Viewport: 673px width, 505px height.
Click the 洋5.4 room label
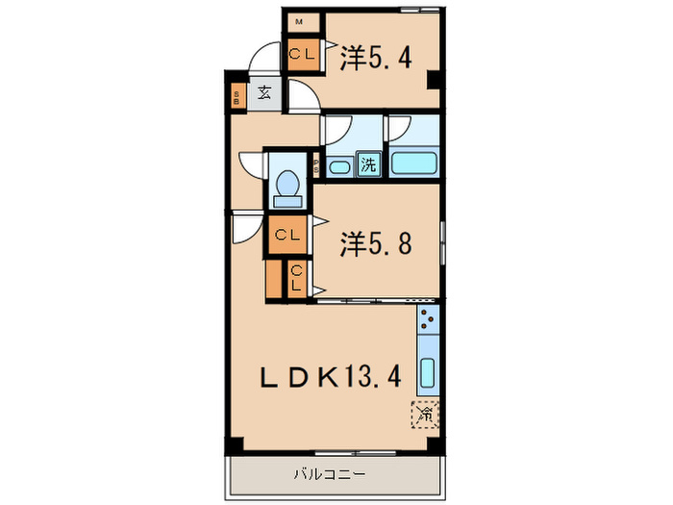pyautogui.click(x=376, y=59)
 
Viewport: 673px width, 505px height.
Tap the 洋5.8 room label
pyautogui.click(x=376, y=244)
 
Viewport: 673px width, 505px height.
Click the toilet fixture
pyautogui.click(x=287, y=187)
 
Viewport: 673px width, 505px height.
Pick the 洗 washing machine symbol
pyautogui.click(x=368, y=164)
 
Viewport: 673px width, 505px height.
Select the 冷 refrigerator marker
pyautogui.click(x=424, y=414)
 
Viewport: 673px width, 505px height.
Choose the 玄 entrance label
pyautogui.click(x=263, y=95)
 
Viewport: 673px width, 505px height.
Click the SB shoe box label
pyautogui.click(x=237, y=96)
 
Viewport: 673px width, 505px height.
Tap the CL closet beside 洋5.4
pyautogui.click(x=301, y=55)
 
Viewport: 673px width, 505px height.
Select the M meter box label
pyautogui.click(x=300, y=20)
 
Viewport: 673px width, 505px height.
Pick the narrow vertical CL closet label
pyautogui.click(x=297, y=280)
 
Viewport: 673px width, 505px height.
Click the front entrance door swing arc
pyautogui.click(x=262, y=60)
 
